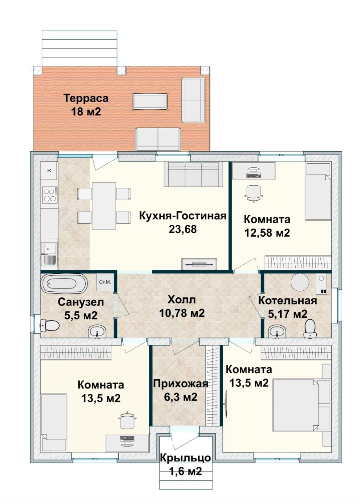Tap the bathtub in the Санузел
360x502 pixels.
click(64, 283)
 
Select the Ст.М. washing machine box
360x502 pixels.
click(105, 282)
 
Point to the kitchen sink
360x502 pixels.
click(49, 254)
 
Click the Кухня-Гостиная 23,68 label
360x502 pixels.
click(183, 223)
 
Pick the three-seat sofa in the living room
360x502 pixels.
click(194, 174)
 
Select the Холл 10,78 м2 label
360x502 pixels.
click(182, 306)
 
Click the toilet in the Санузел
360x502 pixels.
click(49, 325)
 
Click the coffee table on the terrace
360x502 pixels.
click(150, 101)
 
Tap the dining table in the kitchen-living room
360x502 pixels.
click(104, 206)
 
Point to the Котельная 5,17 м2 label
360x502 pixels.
click(288, 307)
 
